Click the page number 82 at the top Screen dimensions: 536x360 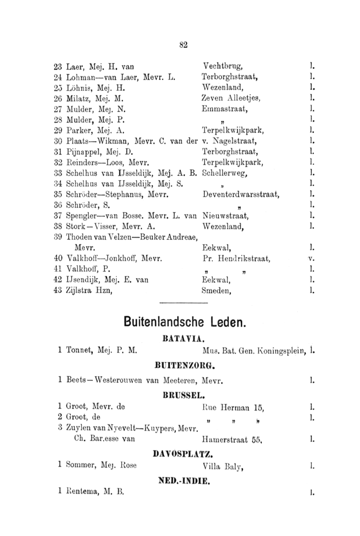pos(183,45)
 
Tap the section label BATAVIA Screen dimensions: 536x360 pos(182,338)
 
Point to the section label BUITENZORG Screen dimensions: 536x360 pos(183,366)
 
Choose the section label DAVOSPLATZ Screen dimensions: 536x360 pos(183,454)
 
